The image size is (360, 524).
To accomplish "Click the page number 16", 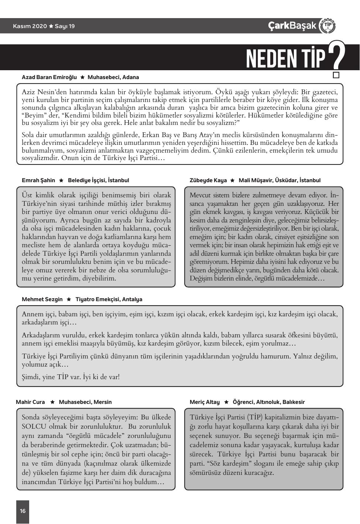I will click(23, 511).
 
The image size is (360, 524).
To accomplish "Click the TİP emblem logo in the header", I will click(327, 25).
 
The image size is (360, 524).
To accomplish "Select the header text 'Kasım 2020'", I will click(30, 26).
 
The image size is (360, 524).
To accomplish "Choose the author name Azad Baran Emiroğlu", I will click(49, 77).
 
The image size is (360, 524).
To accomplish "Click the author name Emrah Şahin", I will click(38, 180).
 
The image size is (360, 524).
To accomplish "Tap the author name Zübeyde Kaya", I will click(208, 180).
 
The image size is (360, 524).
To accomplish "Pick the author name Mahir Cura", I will click(30, 402).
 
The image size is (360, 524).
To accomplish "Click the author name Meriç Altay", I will click(205, 402).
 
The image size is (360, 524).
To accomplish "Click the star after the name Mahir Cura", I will click(52, 402).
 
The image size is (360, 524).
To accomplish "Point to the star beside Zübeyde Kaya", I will click(232, 180).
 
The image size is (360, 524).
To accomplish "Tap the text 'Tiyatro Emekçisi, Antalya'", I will click(109, 299).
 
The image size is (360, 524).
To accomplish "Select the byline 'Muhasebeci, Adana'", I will click(113, 77).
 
